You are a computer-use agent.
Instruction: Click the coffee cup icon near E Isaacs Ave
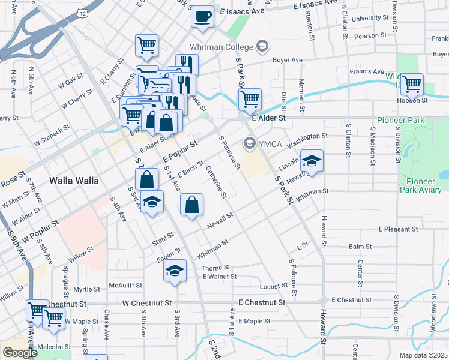[203, 16]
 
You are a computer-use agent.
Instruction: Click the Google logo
[20, 352]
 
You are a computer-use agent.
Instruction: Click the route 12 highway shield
[83, 13]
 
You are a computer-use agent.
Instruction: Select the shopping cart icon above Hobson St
[412, 85]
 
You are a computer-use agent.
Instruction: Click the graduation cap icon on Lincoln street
[312, 161]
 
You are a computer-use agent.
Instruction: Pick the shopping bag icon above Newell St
[191, 205]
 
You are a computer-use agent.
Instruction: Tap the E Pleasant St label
[398, 229]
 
